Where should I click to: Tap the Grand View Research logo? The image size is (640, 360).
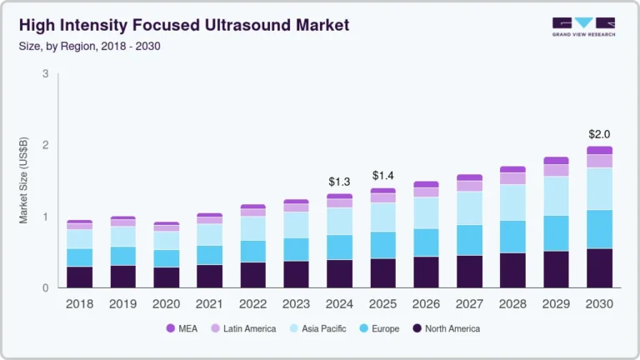pos(583,27)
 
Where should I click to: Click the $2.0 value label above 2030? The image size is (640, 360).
pos(598,134)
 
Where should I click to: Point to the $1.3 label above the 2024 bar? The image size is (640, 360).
pos(339,182)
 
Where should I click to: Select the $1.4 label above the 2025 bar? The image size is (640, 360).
pos(382,176)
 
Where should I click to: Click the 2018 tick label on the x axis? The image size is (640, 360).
pos(79,304)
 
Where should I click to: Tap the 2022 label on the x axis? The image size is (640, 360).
pos(252,304)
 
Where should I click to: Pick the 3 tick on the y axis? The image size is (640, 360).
pos(45,74)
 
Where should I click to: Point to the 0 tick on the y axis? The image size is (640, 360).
pos(45,287)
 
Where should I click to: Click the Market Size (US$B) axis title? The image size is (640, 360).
pos(24,181)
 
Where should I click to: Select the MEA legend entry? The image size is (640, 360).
pos(187,329)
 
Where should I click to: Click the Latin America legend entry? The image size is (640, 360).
pos(244,329)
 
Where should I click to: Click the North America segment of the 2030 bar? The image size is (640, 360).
pos(598,267)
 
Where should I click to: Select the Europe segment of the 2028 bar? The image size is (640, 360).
pos(512,237)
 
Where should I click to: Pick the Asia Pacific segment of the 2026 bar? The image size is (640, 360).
pos(426,212)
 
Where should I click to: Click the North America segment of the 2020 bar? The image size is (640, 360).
pos(166,277)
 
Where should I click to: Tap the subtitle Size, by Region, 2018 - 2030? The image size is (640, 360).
pos(85,46)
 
